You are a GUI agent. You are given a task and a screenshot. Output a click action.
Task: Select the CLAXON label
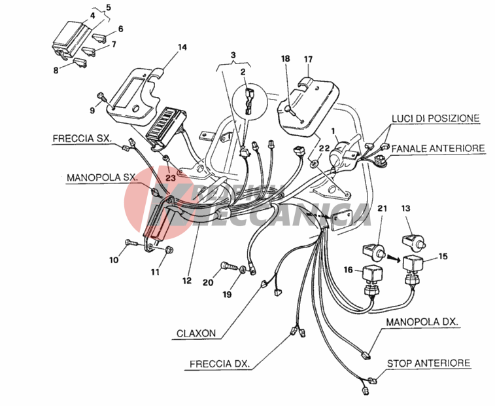pos(196,333)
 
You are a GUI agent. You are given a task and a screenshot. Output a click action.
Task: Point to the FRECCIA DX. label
pos(219,363)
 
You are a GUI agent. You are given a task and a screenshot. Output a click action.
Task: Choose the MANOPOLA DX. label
pos(421,322)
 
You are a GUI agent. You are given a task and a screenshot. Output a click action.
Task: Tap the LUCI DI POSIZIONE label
pos(435,118)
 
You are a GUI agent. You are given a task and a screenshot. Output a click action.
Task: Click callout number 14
pos(182,47)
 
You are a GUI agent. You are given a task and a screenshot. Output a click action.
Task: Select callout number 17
pos(309,59)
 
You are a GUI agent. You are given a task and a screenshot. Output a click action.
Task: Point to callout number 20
pos(208,282)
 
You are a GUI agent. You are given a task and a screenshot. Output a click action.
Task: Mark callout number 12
pos(187,280)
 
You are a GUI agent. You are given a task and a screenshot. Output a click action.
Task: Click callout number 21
pos(382,208)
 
